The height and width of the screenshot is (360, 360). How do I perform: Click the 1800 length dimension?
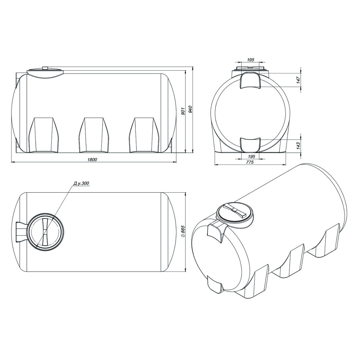point(93,160)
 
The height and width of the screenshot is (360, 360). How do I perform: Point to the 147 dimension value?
point(298,80)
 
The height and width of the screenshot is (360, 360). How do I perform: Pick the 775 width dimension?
point(250,162)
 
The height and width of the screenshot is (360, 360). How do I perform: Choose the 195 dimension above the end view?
point(251,60)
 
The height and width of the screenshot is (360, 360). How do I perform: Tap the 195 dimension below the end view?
point(252,157)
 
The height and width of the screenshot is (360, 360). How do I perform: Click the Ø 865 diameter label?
point(183,233)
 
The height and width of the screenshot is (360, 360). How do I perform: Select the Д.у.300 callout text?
point(81,183)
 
